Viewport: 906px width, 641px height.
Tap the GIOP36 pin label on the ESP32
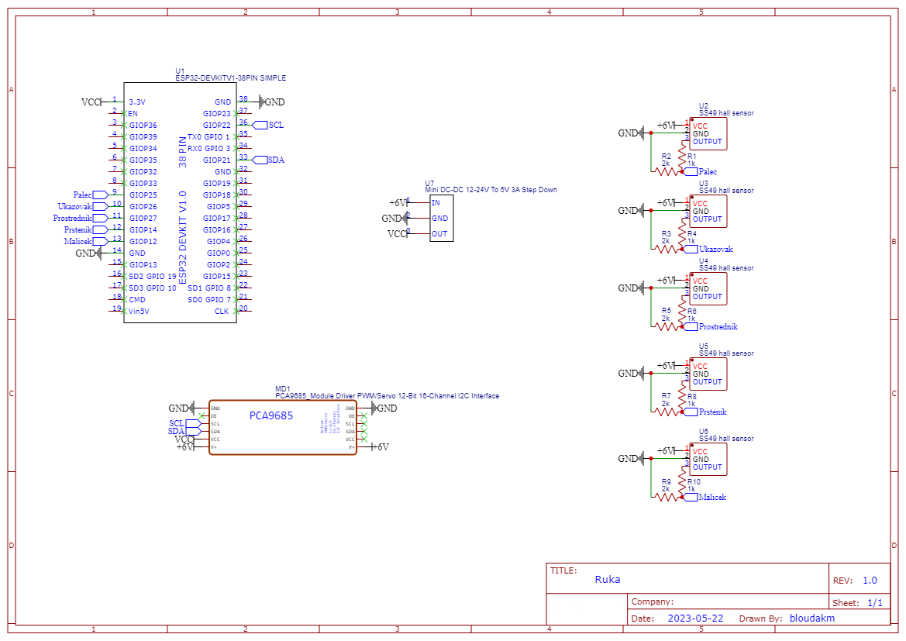[143, 125]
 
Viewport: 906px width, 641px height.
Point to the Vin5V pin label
[139, 311]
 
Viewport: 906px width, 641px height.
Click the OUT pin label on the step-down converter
[439, 234]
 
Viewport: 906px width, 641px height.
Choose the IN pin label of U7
[436, 203]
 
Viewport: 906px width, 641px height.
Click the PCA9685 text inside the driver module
[271, 415]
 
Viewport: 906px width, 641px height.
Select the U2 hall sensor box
[708, 134]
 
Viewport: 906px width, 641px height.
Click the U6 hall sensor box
[708, 460]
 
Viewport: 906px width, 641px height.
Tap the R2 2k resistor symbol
[667, 171]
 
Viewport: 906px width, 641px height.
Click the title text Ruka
[608, 579]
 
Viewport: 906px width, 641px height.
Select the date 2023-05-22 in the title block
[695, 619]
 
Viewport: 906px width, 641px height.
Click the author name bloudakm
[812, 619]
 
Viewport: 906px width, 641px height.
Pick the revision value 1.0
[870, 581]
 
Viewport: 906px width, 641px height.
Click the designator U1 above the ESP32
[181, 71]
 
